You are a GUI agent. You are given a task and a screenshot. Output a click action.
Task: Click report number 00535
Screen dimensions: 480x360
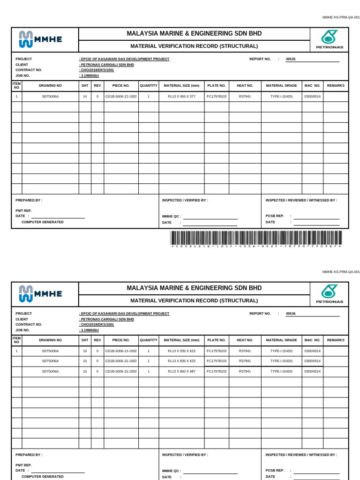(x=291, y=60)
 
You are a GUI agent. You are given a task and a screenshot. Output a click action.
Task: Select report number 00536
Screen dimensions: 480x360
(x=291, y=314)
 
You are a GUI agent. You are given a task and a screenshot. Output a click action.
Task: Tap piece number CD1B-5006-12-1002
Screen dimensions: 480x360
(x=121, y=96)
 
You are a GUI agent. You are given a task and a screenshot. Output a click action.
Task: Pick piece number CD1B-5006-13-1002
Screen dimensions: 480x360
(x=121, y=351)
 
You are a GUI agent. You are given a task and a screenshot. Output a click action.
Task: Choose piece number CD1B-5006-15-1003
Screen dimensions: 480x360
(x=121, y=371)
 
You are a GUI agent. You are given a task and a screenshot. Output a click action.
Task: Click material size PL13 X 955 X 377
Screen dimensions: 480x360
(x=181, y=96)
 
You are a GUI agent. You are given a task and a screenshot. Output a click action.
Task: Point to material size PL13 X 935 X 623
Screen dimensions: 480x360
(x=181, y=351)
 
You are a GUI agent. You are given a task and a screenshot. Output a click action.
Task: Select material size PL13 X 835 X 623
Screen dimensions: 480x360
(x=181, y=361)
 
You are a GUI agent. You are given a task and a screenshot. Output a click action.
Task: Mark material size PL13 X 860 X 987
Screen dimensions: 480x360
(x=181, y=371)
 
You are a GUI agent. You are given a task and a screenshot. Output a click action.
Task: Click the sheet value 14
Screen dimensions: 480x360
(x=85, y=96)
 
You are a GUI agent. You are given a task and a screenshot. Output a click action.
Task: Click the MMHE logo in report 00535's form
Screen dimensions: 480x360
(x=40, y=39)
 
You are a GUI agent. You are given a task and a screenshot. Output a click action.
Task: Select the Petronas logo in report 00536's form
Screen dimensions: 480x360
(x=329, y=294)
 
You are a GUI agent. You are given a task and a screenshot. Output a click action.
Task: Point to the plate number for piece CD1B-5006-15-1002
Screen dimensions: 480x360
(x=217, y=361)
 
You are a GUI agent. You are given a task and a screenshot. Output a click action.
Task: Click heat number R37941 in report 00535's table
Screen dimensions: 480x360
(x=245, y=96)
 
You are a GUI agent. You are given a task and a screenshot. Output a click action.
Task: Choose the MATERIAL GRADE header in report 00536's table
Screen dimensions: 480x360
(x=281, y=340)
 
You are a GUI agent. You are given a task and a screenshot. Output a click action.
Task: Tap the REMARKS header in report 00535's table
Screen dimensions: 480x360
(x=336, y=86)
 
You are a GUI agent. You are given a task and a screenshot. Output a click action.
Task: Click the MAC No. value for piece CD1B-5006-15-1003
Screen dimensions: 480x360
(x=312, y=371)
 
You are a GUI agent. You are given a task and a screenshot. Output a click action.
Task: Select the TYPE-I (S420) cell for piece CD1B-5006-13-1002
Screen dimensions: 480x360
(x=281, y=351)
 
